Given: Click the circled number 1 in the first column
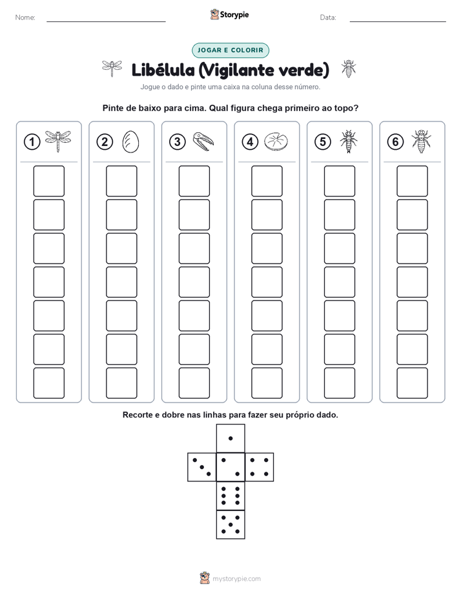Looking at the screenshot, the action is point(32,142).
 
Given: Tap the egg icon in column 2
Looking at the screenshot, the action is point(130,142).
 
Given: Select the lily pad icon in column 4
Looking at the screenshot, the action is point(276,141).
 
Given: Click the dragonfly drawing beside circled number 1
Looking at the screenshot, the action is point(58,141).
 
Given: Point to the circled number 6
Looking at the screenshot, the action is point(395,142).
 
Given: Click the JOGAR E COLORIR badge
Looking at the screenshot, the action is point(230,50).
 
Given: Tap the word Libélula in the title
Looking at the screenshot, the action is point(163,70).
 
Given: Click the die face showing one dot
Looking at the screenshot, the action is point(230,438).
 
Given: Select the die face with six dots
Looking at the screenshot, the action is point(230,496).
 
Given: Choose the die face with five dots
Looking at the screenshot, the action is point(230,525).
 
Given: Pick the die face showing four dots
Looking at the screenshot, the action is point(260,467).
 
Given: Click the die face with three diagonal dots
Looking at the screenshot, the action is point(201,467).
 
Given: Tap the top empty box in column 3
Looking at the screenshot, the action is point(194,181).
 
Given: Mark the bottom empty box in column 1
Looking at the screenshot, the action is point(48,383).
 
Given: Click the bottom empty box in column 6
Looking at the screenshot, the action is point(413,383).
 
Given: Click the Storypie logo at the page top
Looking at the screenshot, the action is point(230,15).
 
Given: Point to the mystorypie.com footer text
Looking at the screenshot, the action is point(236,579).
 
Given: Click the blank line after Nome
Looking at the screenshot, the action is point(106,21).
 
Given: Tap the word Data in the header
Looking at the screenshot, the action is point(328,17).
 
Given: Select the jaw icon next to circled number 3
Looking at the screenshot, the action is point(203,141).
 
